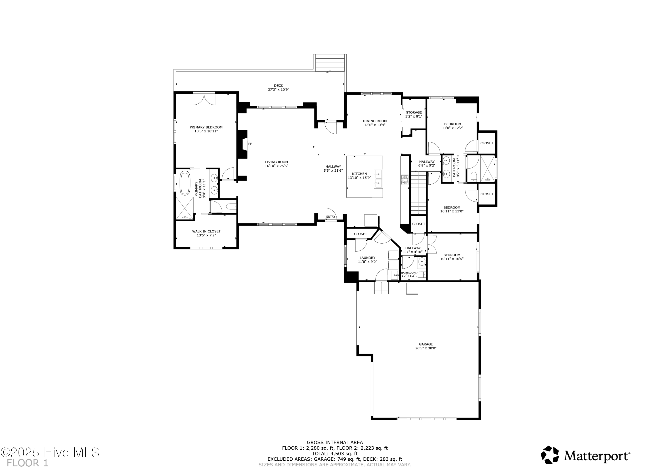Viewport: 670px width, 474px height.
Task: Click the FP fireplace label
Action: pyautogui.click(x=250, y=144)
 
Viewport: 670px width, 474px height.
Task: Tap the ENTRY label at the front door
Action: pyautogui.click(x=331, y=217)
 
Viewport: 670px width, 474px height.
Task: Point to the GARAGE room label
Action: pyautogui.click(x=426, y=344)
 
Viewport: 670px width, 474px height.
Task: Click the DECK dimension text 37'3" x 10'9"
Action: pyautogui.click(x=278, y=90)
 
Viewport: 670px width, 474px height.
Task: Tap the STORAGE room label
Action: pyautogui.click(x=414, y=112)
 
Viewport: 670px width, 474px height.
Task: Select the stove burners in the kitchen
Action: pyautogui.click(x=405, y=180)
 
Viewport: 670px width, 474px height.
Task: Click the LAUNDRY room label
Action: pyautogui.click(x=367, y=258)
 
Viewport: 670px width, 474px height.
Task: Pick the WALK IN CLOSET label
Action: pyautogui.click(x=206, y=231)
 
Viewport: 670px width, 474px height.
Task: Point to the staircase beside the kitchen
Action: pyautogui.click(x=419, y=193)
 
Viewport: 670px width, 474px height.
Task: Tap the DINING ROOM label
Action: pyautogui.click(x=375, y=121)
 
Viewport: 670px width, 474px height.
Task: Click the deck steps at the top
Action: pyautogui.click(x=330, y=63)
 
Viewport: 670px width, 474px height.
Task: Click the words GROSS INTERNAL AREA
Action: pyautogui.click(x=335, y=442)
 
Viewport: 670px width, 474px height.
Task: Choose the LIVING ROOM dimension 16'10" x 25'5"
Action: pyautogui.click(x=277, y=166)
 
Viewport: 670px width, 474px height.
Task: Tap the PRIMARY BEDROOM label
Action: pyautogui.click(x=206, y=127)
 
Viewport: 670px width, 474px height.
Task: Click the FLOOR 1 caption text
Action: pyautogui.click(x=27, y=463)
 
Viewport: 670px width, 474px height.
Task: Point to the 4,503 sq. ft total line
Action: pyautogui.click(x=335, y=454)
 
